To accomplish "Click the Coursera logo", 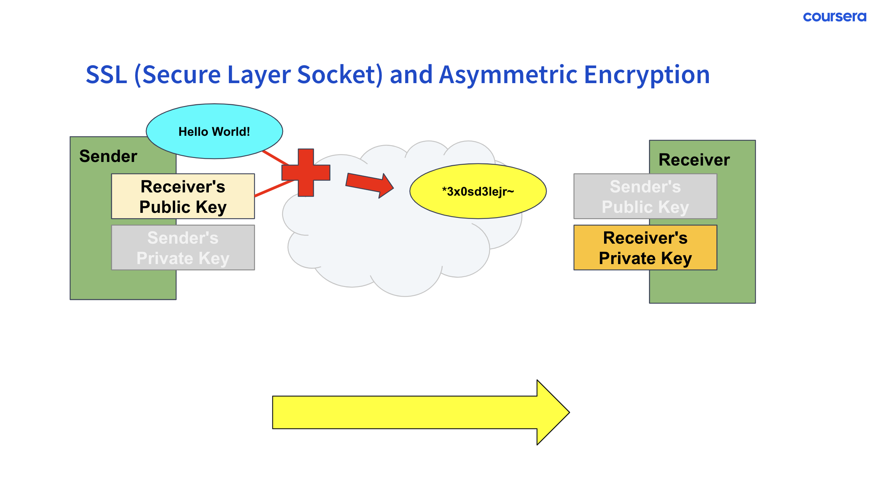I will point(834,17).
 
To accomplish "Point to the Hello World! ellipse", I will point(214,131).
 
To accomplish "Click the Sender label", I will point(108,156).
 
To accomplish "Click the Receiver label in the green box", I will point(694,160).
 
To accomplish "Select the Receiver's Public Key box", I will point(183,196).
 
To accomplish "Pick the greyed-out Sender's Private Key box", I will point(183,248).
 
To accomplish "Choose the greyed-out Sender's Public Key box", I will point(645,196).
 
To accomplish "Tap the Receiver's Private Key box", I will point(645,248).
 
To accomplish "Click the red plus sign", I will point(306,173).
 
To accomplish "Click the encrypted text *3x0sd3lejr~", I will point(478,192).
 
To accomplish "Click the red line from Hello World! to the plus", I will point(275,158).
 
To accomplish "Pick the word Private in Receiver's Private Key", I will point(627,258).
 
